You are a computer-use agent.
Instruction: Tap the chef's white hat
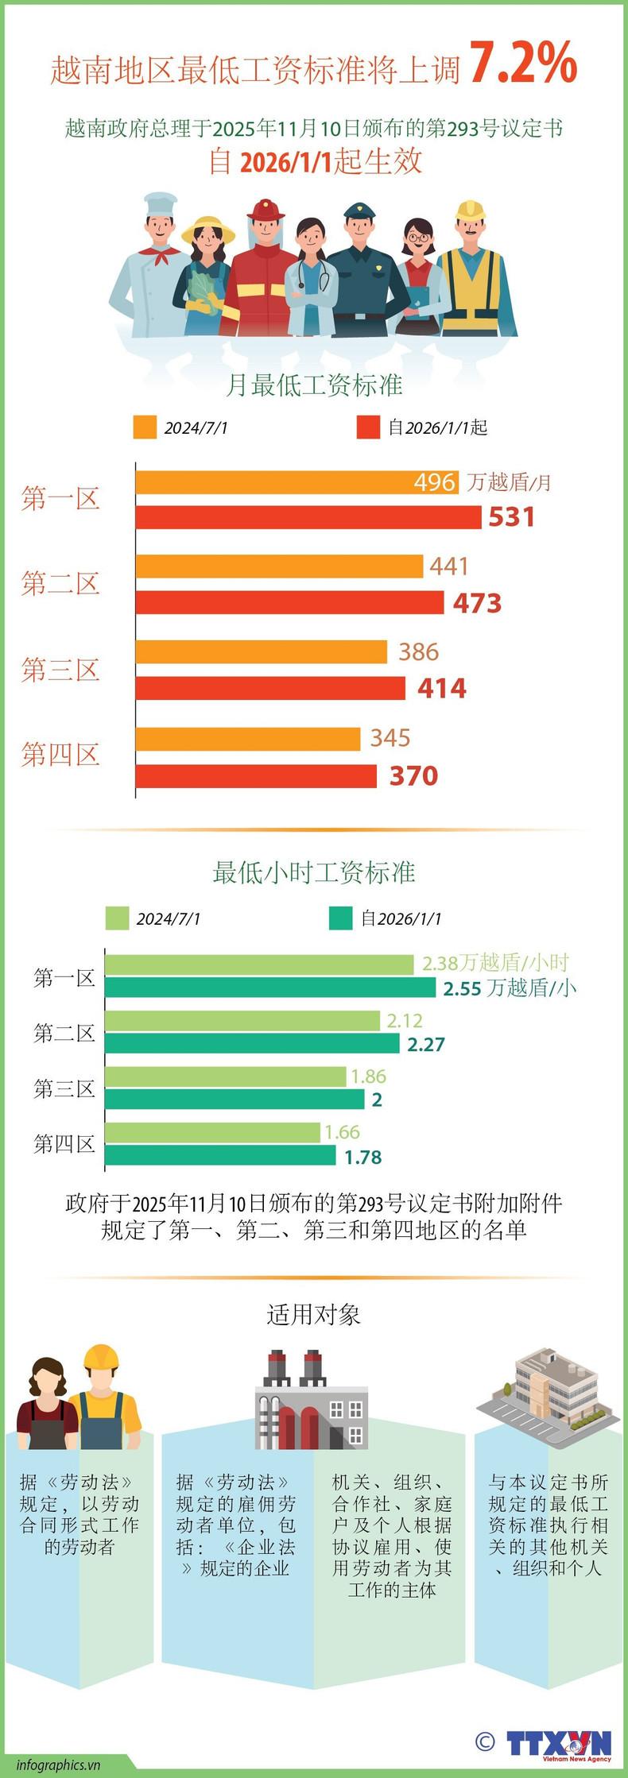[161, 203]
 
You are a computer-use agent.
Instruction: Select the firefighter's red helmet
[265, 210]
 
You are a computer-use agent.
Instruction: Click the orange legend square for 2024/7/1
[145, 427]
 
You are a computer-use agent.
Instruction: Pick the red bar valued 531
[308, 517]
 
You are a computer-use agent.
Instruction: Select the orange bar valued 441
[279, 566]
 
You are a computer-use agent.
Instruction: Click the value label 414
[442, 688]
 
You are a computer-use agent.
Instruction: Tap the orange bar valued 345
[248, 739]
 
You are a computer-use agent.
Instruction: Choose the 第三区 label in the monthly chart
[60, 670]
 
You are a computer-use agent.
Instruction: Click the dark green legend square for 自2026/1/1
[340, 918]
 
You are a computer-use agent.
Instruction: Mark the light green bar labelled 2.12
[243, 1020]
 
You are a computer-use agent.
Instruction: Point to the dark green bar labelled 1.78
[220, 1156]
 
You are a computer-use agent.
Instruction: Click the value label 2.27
[426, 1044]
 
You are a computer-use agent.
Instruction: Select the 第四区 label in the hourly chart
[64, 1144]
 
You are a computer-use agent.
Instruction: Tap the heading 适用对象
[314, 1316]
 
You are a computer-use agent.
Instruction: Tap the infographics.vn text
[58, 1764]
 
